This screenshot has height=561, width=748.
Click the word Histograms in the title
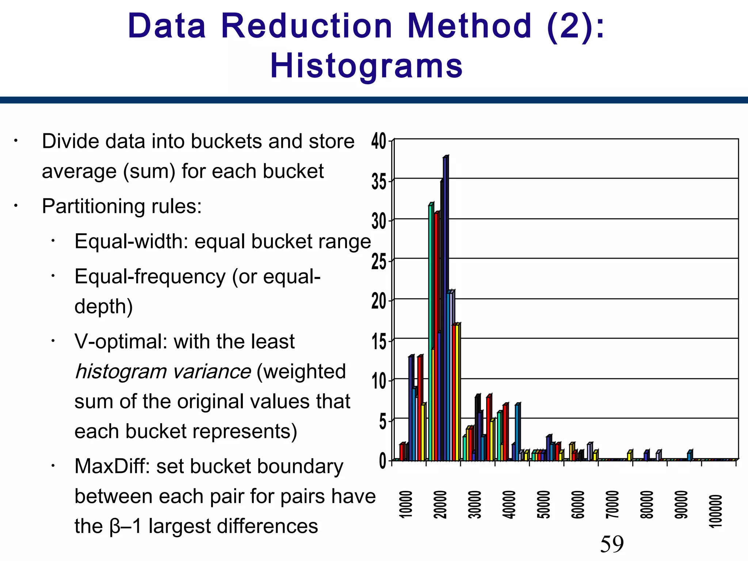[366, 66]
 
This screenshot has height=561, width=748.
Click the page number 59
[612, 544]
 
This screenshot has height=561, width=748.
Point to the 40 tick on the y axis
[379, 141]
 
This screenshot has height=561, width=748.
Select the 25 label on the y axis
[379, 262]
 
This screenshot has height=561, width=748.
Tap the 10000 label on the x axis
[406, 504]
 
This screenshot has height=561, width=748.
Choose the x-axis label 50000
[543, 504]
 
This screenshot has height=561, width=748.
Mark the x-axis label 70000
[612, 504]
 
